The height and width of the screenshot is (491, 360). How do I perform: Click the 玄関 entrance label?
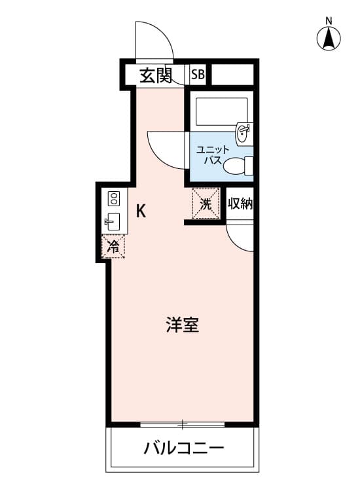(x=156, y=75)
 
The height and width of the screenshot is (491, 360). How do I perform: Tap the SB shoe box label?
(x=198, y=75)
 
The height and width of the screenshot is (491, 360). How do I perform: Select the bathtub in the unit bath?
(x=221, y=112)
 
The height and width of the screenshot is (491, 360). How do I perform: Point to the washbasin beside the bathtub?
(x=245, y=134)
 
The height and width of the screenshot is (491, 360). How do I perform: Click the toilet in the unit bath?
(x=238, y=166)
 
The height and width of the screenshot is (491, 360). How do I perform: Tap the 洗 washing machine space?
(x=206, y=203)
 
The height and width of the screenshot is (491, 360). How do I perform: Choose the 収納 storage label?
(x=240, y=204)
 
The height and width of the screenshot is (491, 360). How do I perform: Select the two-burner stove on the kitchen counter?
(x=114, y=198)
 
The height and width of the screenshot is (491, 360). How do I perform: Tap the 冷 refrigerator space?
(x=113, y=246)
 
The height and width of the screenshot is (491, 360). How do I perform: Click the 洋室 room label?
(x=182, y=325)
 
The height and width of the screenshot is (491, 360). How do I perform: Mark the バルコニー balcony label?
(x=184, y=448)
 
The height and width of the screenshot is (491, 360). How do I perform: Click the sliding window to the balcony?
(x=182, y=425)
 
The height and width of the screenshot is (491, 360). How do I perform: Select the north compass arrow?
(x=329, y=38)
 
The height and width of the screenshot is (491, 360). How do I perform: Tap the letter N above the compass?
(x=329, y=21)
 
